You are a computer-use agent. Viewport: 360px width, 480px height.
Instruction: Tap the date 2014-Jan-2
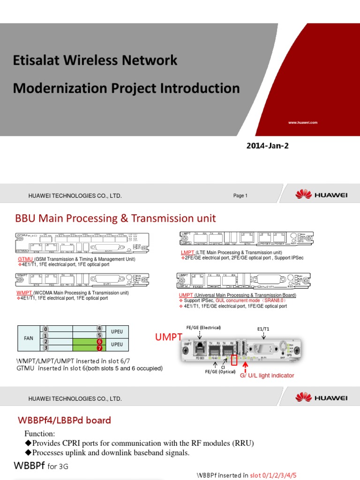[x=268, y=146]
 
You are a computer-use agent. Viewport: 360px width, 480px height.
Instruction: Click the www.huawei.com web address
[x=303, y=122]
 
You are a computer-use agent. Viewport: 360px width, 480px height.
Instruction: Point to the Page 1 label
[x=240, y=195]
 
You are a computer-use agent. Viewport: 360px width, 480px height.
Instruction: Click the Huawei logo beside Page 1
[x=321, y=195]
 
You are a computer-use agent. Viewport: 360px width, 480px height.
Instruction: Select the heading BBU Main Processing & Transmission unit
[x=116, y=218]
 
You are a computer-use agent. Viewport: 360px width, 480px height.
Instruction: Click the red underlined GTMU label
[x=25, y=259]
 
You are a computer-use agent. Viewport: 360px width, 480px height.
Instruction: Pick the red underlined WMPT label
[x=25, y=292]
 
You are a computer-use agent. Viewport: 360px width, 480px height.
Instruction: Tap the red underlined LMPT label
[x=187, y=252]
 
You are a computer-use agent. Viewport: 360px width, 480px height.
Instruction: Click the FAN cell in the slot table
[x=29, y=338]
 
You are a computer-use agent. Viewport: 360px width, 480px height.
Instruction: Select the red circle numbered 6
[x=99, y=341]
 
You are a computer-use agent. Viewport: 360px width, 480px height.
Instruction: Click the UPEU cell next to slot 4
[x=117, y=331]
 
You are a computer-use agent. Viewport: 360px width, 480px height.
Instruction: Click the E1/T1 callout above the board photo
[x=263, y=329]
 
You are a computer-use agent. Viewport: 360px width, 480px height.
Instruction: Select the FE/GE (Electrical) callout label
[x=203, y=327]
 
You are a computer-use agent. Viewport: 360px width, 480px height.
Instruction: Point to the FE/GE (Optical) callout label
[x=220, y=371]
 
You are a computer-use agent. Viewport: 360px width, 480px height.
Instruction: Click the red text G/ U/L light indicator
[x=267, y=376]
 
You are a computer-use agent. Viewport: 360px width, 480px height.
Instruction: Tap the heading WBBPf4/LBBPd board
[x=64, y=420]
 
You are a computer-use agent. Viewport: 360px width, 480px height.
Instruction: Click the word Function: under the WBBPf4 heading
[x=40, y=433]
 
